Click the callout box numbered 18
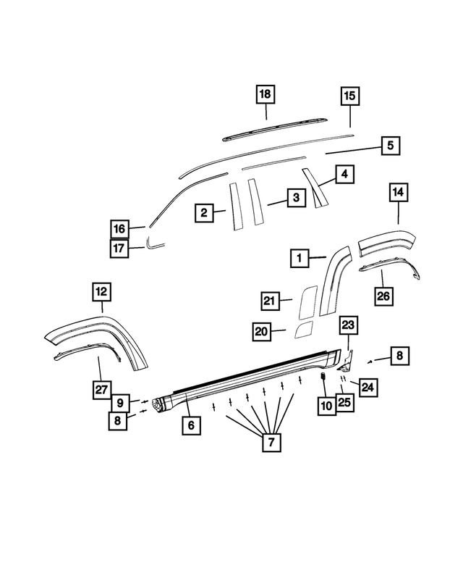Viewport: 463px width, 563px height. coord(266,95)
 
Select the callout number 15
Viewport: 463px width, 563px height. coord(350,96)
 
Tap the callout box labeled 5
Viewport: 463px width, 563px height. coord(390,146)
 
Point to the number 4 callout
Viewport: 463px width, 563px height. coord(344,174)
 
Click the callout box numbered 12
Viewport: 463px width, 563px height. coord(101,292)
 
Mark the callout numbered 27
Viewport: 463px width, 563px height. coord(101,390)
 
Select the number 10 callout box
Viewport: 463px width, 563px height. coord(326,406)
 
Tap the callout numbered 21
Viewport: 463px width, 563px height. coord(271,301)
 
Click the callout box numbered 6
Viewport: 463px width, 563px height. coord(191,425)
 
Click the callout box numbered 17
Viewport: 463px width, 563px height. coord(120,248)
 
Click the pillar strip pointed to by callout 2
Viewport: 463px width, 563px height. coord(236,207)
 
